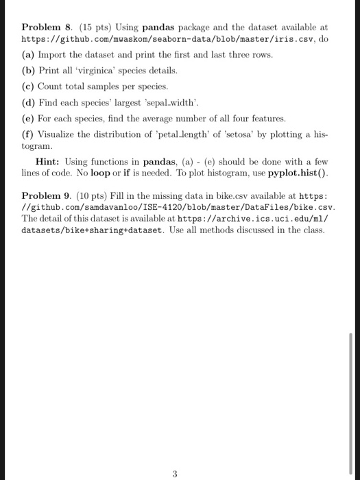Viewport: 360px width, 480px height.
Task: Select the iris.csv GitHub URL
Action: (x=169, y=39)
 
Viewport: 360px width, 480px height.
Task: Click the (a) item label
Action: (x=29, y=55)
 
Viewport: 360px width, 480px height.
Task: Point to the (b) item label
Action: (x=29, y=71)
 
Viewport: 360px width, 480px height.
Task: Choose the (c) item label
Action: (x=29, y=87)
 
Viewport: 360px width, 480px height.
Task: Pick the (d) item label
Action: (x=29, y=103)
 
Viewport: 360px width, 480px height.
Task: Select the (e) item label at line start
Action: (x=29, y=119)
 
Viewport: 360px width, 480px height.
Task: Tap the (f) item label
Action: (x=29, y=134)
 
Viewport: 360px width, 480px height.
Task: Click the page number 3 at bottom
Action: (x=176, y=454)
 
